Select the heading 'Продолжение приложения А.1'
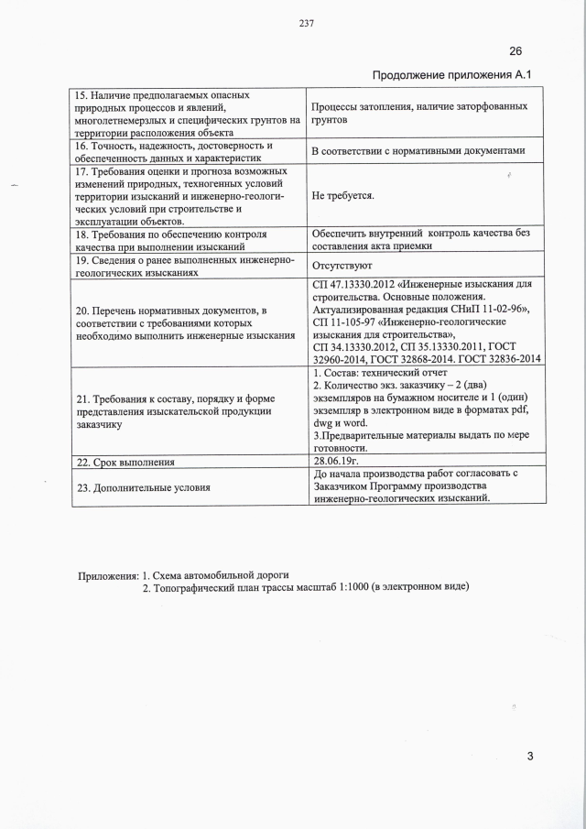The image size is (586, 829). [451, 74]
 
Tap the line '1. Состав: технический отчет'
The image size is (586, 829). [380, 373]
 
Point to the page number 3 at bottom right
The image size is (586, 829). [529, 755]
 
